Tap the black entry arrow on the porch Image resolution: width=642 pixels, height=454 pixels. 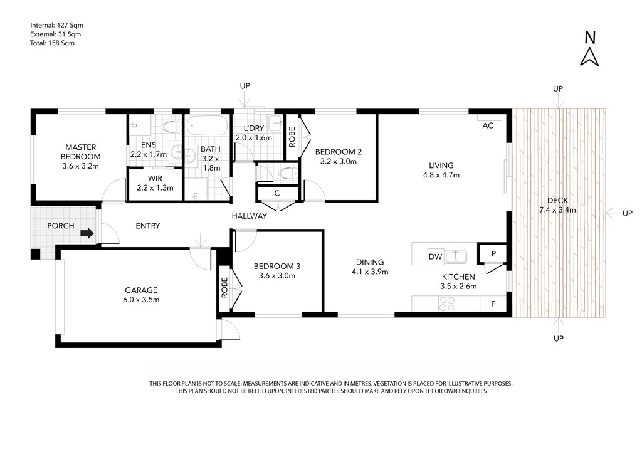pos(87,233)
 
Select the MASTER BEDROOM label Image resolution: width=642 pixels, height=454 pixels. pos(81,152)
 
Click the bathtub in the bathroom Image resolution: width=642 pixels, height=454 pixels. pos(206,125)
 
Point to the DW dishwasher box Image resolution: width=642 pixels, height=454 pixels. pos(436,256)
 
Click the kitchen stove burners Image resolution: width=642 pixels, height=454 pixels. pos(446,304)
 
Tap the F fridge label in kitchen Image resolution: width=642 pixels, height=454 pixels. pos(493,304)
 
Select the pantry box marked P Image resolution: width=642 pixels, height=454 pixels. pos(493,254)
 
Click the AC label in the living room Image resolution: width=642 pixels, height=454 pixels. pos(488,125)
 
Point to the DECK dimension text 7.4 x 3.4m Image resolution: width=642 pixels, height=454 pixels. pos(557,210)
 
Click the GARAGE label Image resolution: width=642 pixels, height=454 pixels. pos(141,290)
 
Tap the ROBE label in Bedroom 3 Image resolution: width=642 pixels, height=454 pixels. pos(224,287)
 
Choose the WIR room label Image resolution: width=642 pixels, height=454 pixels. pos(155,179)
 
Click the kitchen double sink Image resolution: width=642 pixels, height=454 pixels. pos(456,256)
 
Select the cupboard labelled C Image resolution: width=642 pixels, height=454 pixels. pos(277,193)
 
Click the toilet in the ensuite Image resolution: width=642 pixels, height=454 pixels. pos(172,127)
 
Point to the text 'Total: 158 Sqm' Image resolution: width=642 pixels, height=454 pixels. pos(53,43)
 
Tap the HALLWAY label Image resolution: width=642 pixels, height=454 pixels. pos(250,216)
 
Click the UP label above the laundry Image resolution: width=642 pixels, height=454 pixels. pos(245,86)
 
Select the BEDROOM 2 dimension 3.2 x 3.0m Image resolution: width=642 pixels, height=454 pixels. pos(338,161)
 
